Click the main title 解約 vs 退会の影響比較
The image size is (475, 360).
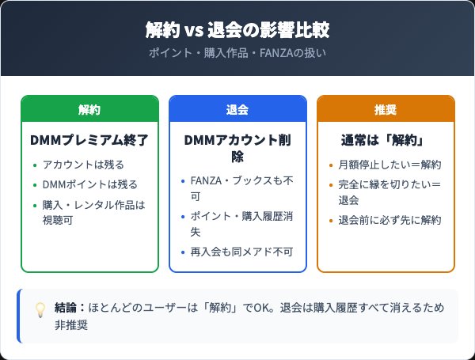237,31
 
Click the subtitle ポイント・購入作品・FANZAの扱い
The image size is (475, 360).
237,54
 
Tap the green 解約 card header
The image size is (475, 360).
89,109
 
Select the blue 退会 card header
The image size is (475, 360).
237,109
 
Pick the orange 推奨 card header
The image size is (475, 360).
386,109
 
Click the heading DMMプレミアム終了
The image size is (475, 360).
89,141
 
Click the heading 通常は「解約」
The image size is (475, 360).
386,141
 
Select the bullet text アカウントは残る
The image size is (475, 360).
83,165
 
